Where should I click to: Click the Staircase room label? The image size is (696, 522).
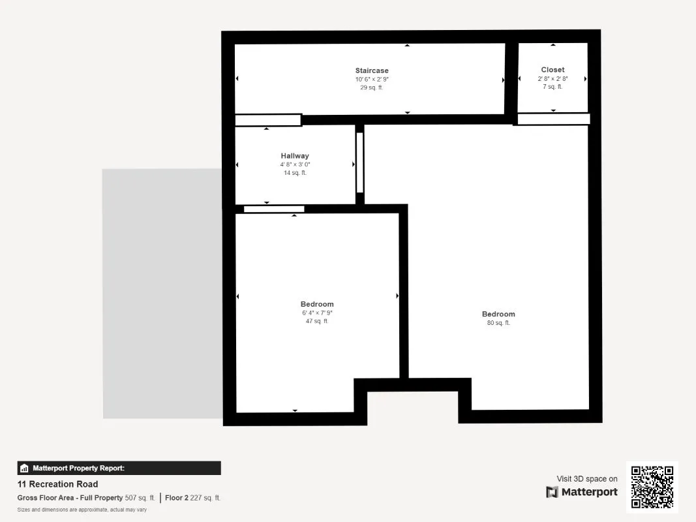372,70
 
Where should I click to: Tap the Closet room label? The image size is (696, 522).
552,70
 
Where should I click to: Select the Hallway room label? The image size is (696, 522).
295,156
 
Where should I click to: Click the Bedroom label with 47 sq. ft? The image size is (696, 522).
317,304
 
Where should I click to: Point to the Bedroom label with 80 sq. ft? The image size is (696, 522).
498,314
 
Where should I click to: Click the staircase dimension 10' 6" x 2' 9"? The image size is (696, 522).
372,80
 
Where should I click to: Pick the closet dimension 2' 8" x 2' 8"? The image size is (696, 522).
552,78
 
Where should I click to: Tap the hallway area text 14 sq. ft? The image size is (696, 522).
295,173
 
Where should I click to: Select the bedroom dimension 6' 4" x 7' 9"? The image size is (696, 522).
317,313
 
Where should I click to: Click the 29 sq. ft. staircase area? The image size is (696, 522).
372,87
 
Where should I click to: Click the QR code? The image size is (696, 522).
652,487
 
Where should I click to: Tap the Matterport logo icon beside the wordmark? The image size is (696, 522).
552,492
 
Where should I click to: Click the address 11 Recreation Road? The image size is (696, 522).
57,484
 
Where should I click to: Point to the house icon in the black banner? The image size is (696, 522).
24,468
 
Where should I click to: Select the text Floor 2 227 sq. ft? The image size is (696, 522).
192,498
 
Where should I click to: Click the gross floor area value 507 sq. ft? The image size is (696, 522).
140,498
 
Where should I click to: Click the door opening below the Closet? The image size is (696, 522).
554,119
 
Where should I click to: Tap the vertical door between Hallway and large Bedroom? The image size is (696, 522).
360,162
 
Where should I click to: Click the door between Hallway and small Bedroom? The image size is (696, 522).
274,209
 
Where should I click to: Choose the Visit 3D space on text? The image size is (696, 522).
587,479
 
